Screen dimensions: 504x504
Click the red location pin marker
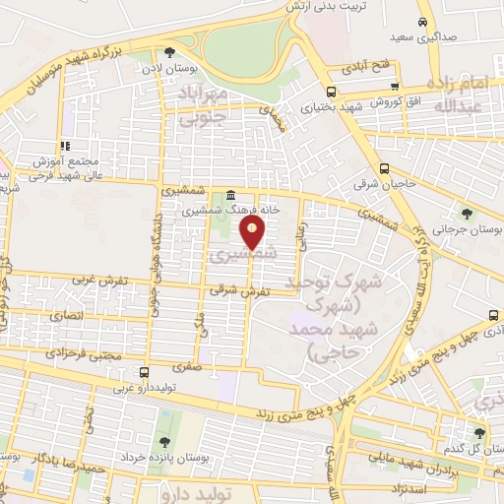pos(253,232)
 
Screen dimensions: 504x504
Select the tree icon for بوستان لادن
pos(169,53)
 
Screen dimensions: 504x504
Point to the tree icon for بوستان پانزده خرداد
pos(163,439)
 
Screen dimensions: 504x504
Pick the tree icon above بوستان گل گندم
pos(479,433)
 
